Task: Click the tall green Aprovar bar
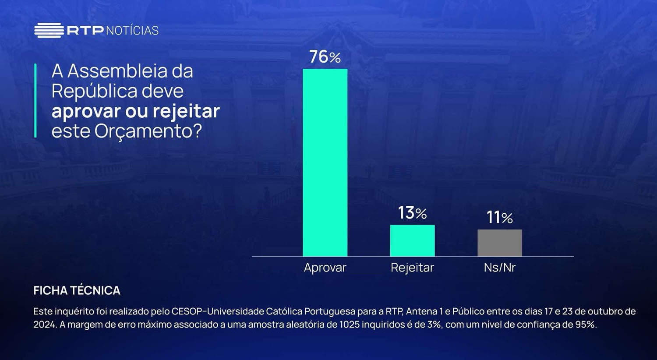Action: point(325,162)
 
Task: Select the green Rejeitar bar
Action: point(412,240)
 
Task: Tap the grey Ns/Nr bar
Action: point(499,243)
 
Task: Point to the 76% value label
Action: point(325,57)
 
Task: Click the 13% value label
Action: point(412,213)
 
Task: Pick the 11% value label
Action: point(499,218)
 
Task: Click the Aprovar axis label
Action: point(325,268)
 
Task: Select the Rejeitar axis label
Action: point(412,268)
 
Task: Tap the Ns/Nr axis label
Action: point(499,268)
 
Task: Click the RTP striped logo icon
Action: point(49,30)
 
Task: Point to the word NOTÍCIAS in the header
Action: point(132,31)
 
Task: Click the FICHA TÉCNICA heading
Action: point(77,290)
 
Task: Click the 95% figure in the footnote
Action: point(585,325)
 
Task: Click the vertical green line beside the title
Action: point(35,101)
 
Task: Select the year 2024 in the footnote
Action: point(43,325)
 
